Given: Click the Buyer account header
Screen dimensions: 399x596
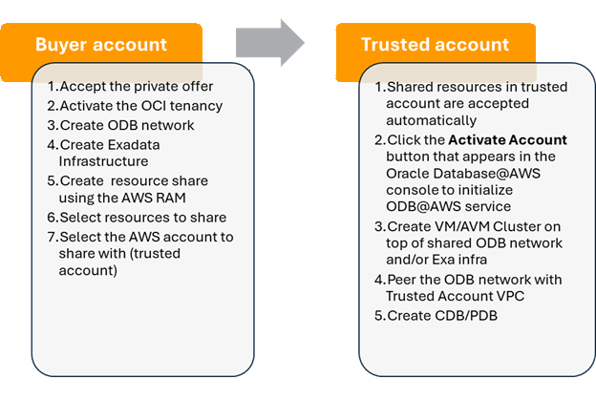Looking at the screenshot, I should tap(100, 45).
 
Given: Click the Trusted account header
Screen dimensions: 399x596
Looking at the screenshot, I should tap(435, 45).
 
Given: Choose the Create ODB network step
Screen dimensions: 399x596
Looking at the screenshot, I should tap(126, 125).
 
